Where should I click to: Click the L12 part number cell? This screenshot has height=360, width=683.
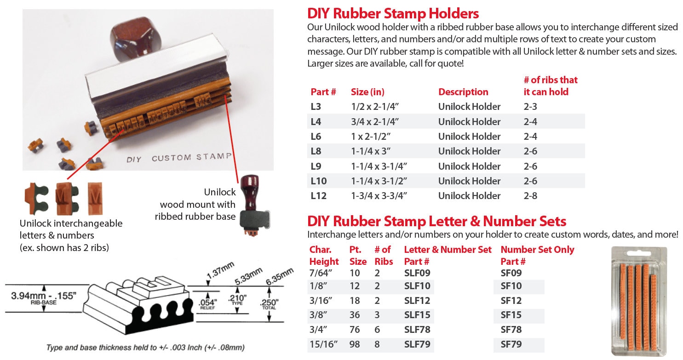(x=318, y=196)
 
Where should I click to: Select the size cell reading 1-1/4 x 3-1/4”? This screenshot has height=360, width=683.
(x=379, y=166)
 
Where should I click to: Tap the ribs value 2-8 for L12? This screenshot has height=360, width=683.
(x=530, y=196)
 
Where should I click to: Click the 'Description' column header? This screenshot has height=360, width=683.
(x=463, y=92)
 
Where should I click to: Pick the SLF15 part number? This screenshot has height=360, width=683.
(x=417, y=314)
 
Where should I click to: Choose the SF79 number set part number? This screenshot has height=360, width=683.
(x=511, y=344)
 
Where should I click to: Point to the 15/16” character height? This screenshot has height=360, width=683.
(x=323, y=344)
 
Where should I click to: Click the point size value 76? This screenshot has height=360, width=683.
(x=355, y=330)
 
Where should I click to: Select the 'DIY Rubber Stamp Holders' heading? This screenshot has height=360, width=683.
(x=393, y=13)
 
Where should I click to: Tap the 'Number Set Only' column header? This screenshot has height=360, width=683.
(x=537, y=250)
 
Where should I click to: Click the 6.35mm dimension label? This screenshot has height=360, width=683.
(x=279, y=276)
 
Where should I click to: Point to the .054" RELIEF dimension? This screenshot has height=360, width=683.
(x=207, y=304)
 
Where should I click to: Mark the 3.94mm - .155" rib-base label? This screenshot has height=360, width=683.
(x=44, y=297)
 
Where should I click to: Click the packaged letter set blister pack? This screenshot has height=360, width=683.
(x=639, y=301)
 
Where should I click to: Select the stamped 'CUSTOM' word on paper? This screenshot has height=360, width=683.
(x=171, y=158)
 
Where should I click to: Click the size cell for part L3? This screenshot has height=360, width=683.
(x=375, y=107)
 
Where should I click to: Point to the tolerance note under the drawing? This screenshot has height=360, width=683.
(x=145, y=348)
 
